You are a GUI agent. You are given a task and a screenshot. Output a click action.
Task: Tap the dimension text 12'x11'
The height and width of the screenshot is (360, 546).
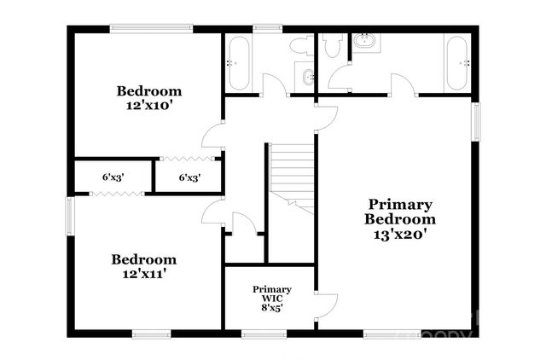point(144,274)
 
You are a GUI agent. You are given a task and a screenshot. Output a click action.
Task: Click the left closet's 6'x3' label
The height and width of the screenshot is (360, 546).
point(113,178)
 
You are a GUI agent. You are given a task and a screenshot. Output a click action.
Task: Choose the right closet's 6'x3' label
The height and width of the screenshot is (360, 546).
point(189,178)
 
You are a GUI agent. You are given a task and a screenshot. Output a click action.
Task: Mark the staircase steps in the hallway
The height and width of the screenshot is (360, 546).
point(292,175)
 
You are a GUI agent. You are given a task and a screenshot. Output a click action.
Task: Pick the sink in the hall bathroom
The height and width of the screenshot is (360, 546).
point(306,78)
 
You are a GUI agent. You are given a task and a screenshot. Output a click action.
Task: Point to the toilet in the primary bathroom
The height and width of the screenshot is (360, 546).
point(333,47)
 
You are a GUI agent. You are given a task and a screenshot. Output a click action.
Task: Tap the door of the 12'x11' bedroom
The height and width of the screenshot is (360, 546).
point(213,213)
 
